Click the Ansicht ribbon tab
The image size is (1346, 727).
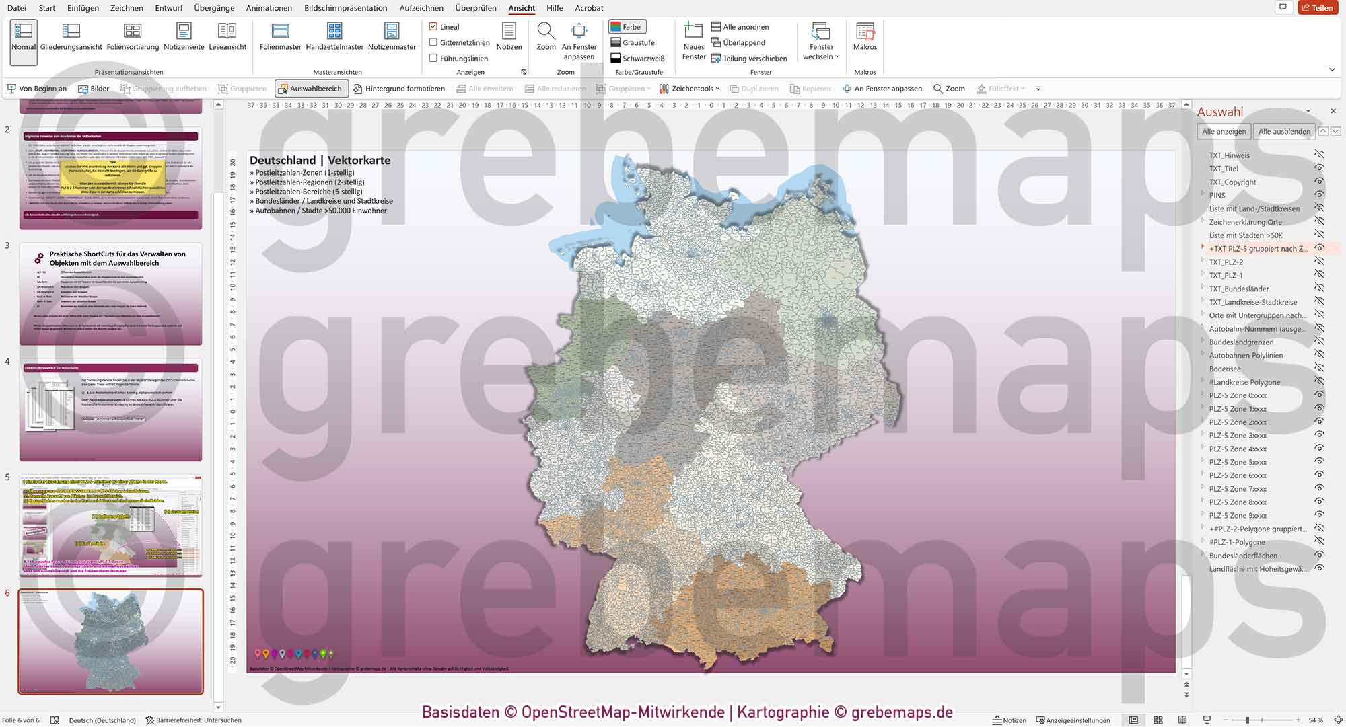pos(522,8)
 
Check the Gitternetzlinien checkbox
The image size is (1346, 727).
pos(433,42)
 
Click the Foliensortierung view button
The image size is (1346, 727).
pos(133,37)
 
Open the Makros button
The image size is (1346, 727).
pos(865,37)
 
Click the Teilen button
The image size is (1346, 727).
pos(1317,8)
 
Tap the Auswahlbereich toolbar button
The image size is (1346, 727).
pos(310,89)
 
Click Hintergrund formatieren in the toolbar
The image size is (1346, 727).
pos(399,89)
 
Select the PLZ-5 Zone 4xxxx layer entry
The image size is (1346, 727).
pos(1238,449)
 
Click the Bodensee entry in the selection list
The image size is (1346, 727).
pos(1225,369)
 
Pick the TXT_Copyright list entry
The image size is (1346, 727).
pos(1232,182)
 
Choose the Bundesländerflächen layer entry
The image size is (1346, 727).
pos(1242,556)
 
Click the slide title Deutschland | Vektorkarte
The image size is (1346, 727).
pos(320,160)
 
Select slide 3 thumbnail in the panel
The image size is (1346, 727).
pos(110,294)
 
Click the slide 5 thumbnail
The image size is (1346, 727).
pos(110,526)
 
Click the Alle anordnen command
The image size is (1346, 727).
pos(740,27)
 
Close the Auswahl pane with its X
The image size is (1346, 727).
pos(1333,111)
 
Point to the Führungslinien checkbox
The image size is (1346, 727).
pos(433,59)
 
